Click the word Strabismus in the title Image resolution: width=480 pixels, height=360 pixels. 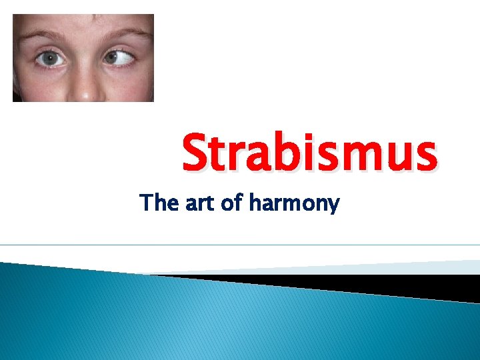[310, 152]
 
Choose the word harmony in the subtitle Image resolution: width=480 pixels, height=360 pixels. [294, 204]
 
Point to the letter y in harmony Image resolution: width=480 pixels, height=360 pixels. [333, 206]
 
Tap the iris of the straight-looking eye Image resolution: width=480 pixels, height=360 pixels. [51, 59]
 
